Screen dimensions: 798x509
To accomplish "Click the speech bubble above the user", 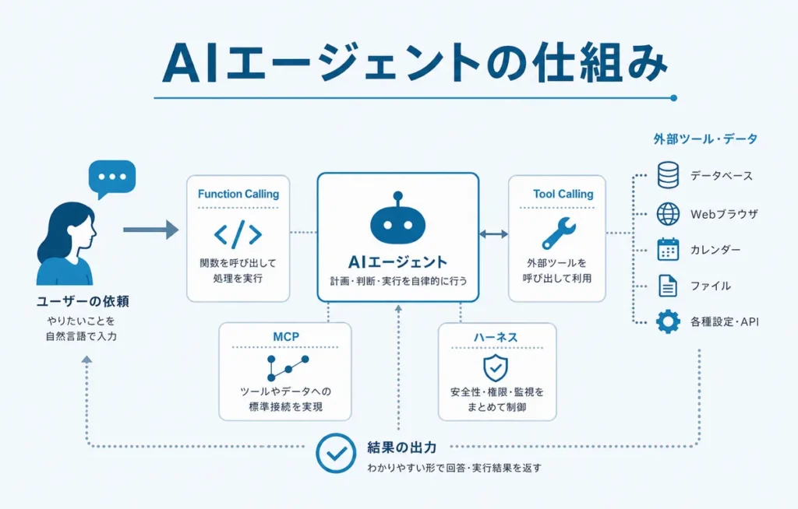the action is click(x=112, y=178).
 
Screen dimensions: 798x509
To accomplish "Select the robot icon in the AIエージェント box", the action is click(x=398, y=219).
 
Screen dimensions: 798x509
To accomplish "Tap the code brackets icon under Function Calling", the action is click(x=238, y=234).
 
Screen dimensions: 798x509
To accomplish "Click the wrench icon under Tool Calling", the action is click(x=558, y=233).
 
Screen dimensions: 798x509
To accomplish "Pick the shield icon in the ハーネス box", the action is click(x=496, y=367).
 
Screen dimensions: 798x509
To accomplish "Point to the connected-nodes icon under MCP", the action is click(x=288, y=368).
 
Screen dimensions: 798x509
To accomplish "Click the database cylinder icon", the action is click(x=668, y=175).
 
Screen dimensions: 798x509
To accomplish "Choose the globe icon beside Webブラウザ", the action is click(x=668, y=213).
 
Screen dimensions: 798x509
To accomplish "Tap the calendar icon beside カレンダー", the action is click(x=668, y=250).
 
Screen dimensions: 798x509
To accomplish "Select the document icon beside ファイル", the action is click(x=668, y=286).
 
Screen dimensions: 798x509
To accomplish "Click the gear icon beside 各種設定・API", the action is click(x=668, y=321).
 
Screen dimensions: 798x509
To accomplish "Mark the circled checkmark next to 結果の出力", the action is click(x=335, y=452).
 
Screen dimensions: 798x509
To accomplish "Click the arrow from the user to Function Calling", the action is click(x=150, y=230).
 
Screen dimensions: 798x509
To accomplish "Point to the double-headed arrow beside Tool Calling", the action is click(x=493, y=233).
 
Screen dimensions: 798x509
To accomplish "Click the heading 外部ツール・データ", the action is click(x=705, y=139).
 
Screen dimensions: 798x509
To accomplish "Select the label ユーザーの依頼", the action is click(x=83, y=301).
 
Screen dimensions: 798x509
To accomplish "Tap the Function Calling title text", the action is click(x=238, y=194).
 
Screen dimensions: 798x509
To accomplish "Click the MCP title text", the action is click(x=285, y=337).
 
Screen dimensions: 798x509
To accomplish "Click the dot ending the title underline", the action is click(x=674, y=98).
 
